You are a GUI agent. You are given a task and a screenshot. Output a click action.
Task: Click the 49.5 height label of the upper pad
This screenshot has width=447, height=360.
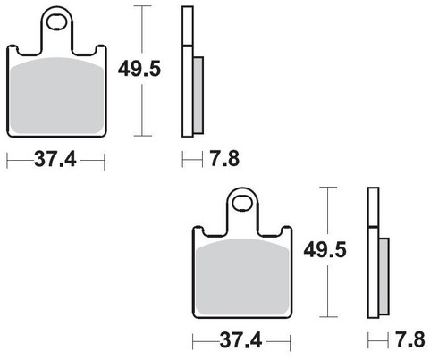(x=139, y=69)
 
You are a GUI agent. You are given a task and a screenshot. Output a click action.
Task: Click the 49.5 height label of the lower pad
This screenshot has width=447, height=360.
(x=325, y=250)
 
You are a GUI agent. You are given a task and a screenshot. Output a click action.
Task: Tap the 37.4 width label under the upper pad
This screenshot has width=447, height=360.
(x=55, y=159)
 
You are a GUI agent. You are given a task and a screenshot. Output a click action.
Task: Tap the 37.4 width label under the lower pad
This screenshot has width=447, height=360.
(x=241, y=339)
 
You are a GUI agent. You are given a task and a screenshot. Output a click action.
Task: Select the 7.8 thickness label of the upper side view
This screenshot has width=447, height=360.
(x=224, y=158)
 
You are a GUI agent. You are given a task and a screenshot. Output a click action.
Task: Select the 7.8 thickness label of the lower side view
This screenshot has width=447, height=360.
(x=410, y=339)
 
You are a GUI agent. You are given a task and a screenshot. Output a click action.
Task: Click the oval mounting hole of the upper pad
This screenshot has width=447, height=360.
(x=56, y=22)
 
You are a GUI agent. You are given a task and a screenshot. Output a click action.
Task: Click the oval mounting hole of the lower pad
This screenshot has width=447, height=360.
(x=242, y=204)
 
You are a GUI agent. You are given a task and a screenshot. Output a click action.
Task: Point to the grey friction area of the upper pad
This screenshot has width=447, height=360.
(x=56, y=96)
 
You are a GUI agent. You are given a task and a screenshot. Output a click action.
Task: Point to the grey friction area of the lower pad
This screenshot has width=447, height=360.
(x=242, y=277)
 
